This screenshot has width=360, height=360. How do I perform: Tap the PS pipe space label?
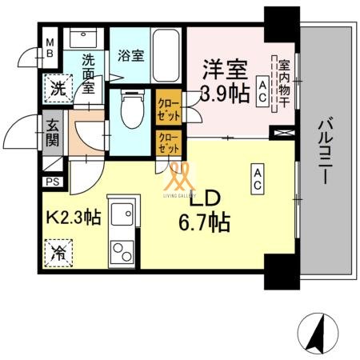point(52,182)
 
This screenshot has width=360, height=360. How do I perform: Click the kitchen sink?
point(122,214)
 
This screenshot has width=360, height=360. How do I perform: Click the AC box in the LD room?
point(258,178)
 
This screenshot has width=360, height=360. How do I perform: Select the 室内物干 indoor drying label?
point(281,78)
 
